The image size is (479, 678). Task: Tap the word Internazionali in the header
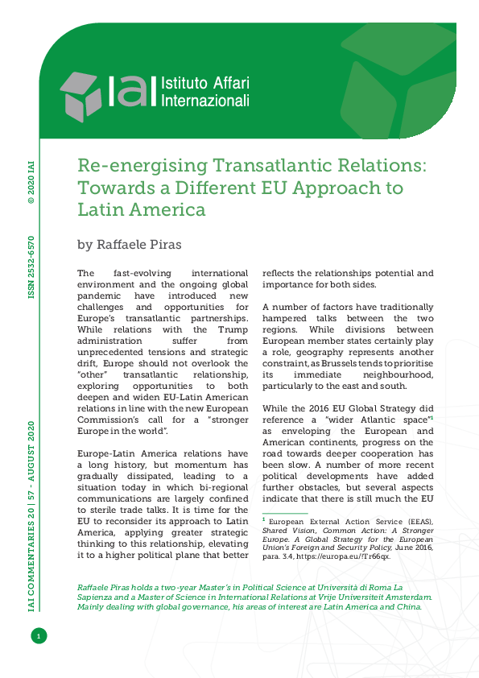(x=206, y=101)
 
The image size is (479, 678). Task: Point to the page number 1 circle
(x=37, y=637)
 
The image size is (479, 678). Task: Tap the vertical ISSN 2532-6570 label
(x=31, y=267)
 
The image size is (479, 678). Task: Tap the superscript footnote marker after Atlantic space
(x=433, y=416)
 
